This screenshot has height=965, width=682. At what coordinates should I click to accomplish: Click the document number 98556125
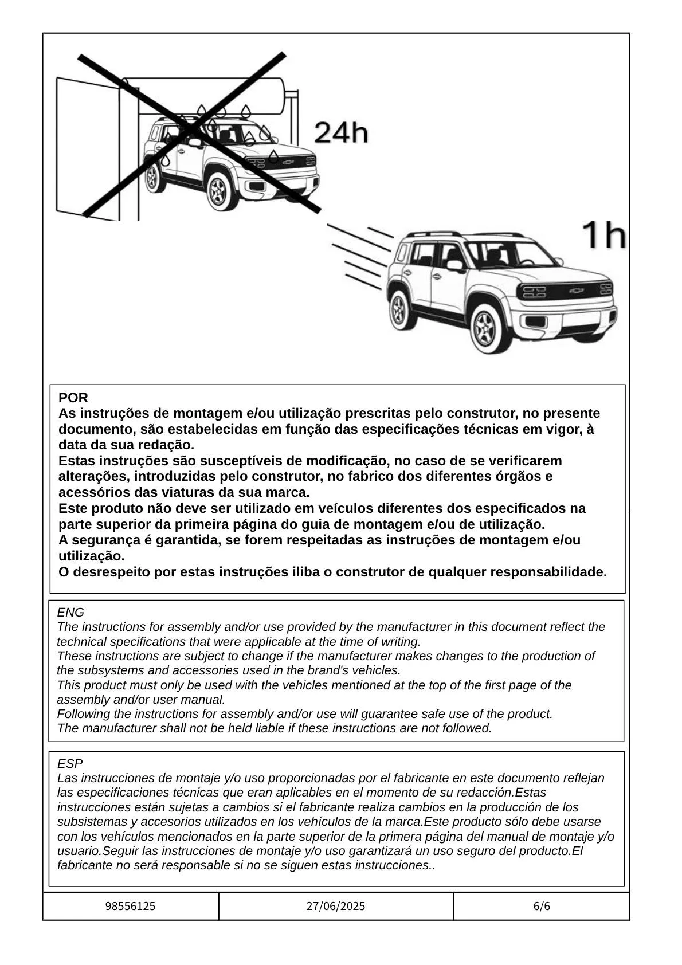131,906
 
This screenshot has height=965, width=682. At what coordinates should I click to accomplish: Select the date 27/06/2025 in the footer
336,906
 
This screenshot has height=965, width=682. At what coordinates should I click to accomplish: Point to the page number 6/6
542,906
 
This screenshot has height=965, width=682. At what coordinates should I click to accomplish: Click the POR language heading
73,398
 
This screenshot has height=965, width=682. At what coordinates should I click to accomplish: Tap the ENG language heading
70,613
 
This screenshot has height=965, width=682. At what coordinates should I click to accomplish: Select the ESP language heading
70,764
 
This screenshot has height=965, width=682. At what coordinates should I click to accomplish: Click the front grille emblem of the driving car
576,291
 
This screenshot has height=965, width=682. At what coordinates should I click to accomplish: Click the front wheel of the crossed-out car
218,191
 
